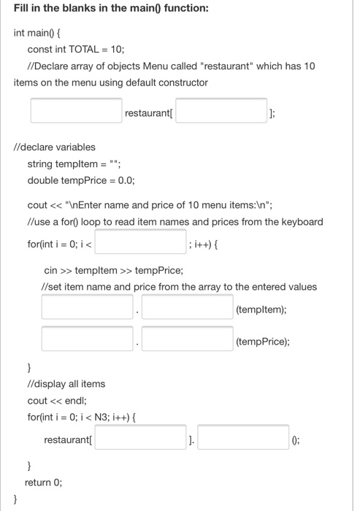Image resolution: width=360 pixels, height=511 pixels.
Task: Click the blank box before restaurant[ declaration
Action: pyautogui.click(x=76, y=112)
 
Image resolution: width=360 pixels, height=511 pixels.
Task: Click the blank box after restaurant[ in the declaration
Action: pyautogui.click(x=221, y=112)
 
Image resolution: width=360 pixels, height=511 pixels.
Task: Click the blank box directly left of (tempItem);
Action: pyautogui.click(x=188, y=307)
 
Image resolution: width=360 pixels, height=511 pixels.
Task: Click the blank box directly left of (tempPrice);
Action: pyautogui.click(x=188, y=339)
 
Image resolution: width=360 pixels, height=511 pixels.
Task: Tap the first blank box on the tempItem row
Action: pyautogui.click(x=88, y=307)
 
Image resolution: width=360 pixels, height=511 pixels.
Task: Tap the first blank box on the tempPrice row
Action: pyautogui.click(x=88, y=339)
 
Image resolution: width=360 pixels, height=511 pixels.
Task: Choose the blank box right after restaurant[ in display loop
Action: pyautogui.click(x=139, y=439)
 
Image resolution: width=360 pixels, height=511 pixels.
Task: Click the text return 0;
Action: pyautogui.click(x=43, y=482)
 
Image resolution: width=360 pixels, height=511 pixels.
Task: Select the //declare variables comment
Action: pyautogui.click(x=55, y=147)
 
